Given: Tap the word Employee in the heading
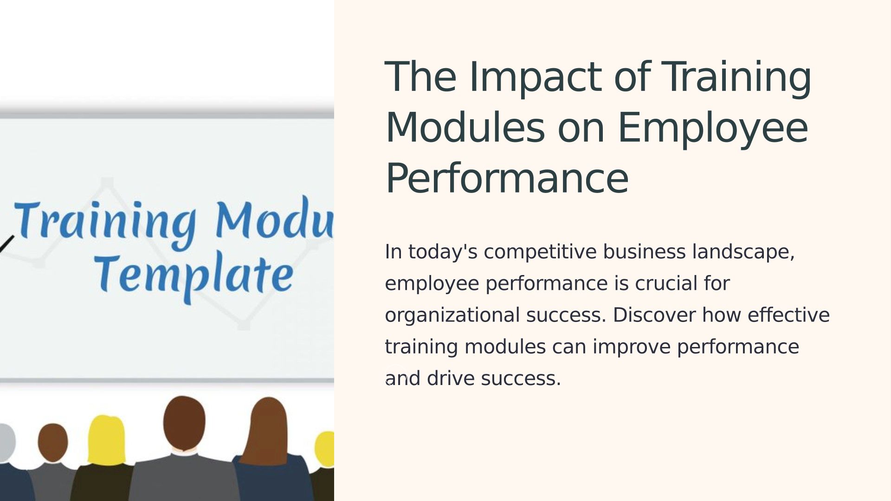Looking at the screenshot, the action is [713, 129].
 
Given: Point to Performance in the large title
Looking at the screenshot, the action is [507, 179].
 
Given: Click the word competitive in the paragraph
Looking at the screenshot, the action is [540, 252].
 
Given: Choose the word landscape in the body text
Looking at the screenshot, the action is [743, 252].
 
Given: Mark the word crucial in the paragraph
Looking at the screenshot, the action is [666, 283].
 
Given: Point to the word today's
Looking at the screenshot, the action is [443, 252].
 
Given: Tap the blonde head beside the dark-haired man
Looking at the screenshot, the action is [106, 439].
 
